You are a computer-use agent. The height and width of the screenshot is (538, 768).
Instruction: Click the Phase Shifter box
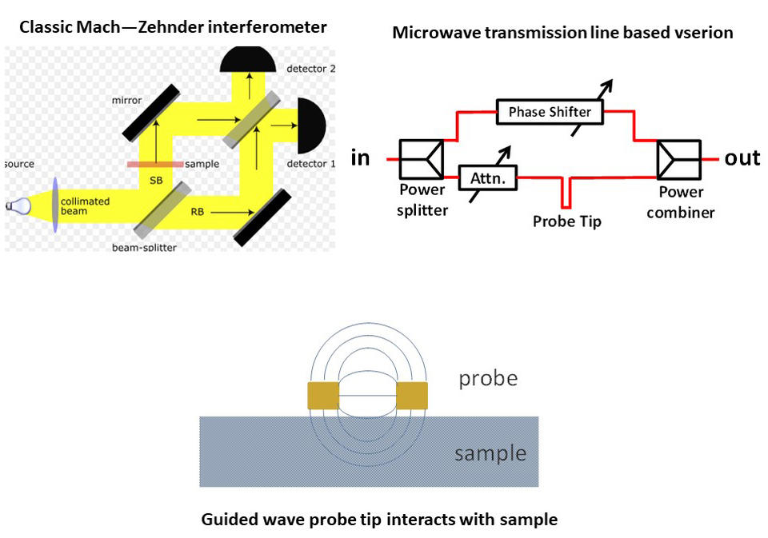point(550,111)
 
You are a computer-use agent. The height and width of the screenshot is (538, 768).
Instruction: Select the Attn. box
point(488,177)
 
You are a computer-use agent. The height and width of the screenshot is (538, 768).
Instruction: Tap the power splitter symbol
point(422,159)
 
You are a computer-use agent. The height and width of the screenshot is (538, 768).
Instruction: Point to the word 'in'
point(361,157)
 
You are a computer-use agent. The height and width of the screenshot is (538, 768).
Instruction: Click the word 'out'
point(742,157)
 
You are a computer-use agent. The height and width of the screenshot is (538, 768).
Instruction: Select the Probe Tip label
point(566,221)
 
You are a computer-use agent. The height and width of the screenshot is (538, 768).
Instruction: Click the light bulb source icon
point(18,205)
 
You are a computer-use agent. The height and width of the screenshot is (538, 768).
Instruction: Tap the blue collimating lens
point(55,205)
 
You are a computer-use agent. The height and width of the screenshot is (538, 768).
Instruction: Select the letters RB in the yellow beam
point(197,213)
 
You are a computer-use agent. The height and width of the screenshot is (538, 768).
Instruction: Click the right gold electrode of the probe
point(412,396)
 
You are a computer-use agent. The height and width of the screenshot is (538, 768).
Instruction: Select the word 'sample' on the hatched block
point(490,454)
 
